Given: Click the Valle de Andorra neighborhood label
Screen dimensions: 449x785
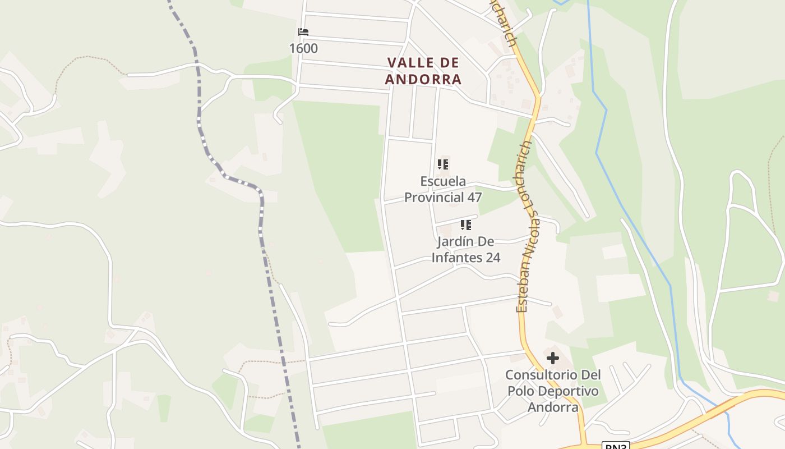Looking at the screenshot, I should [x=423, y=71].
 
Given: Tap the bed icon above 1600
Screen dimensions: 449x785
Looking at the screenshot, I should [x=303, y=32].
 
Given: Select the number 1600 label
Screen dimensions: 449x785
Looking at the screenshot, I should [x=303, y=48].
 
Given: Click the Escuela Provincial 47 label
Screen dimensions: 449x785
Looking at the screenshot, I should [x=443, y=189].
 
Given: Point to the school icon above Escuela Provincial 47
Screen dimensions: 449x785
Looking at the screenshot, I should [x=443, y=164].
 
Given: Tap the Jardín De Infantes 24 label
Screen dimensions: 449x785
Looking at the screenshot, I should [x=465, y=250].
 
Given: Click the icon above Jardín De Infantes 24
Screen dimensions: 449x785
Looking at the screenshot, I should [x=465, y=225].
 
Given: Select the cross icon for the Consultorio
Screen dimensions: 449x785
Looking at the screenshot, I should [x=553, y=358].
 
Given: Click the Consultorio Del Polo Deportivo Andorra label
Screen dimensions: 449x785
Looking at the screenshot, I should [x=553, y=391].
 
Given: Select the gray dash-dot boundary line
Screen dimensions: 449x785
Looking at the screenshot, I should [x=261, y=224].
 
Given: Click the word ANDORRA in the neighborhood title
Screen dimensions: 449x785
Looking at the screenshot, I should [x=423, y=79].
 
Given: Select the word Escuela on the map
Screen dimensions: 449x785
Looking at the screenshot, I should [x=443, y=181].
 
